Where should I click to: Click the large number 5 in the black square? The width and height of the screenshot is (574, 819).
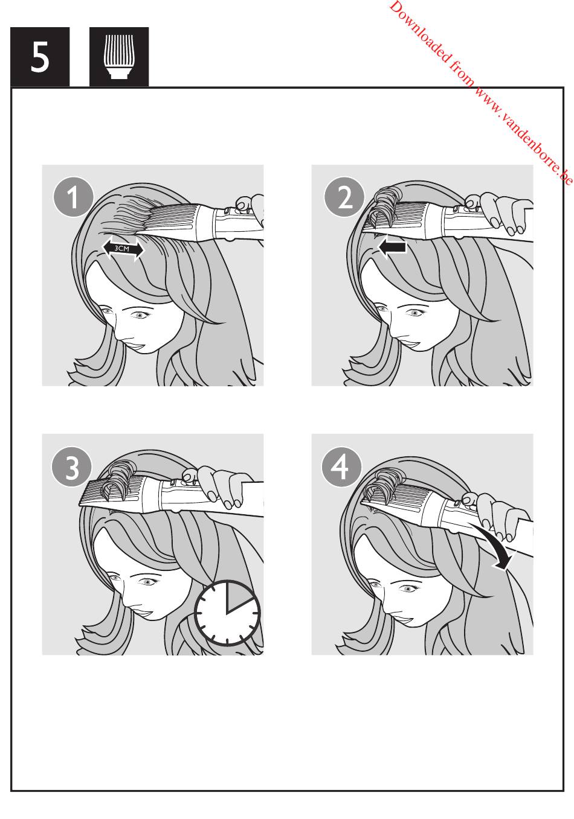point(39,56)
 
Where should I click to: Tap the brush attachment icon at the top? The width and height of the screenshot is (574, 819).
point(119,56)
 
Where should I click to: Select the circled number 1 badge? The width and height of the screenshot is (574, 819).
point(73,197)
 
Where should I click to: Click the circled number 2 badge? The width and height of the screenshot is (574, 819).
point(344,197)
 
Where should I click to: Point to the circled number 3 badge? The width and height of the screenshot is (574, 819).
point(72,467)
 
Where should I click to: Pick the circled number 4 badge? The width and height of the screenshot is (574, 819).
point(341,467)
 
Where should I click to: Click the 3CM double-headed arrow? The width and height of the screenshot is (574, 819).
point(123,248)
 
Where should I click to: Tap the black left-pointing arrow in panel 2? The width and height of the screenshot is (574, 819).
point(392,247)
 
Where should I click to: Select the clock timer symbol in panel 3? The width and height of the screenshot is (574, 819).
point(227,613)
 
